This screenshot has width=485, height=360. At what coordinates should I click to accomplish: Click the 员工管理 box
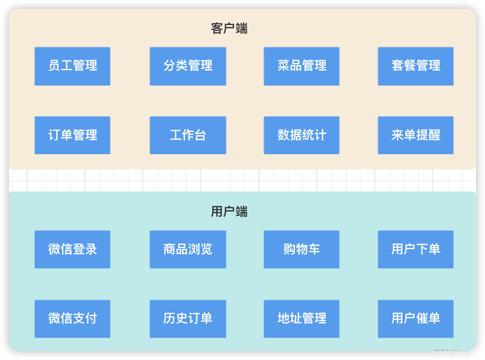(x=73, y=66)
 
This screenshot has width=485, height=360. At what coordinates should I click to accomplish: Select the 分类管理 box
(x=188, y=66)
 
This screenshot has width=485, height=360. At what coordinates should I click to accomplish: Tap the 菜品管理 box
(x=302, y=66)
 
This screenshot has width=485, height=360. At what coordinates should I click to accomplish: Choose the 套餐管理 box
(x=416, y=66)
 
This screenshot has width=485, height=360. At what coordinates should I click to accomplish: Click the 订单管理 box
(x=73, y=135)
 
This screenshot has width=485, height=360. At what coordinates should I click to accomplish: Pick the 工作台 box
(x=188, y=135)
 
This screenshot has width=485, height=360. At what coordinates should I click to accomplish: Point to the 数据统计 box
(x=302, y=135)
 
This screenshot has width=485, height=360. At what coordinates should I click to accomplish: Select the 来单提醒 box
(x=416, y=135)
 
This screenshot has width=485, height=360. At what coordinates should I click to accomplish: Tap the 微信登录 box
(x=73, y=249)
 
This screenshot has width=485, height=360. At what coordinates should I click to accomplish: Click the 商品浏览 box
(x=188, y=249)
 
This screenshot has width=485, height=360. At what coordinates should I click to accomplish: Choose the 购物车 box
(x=302, y=249)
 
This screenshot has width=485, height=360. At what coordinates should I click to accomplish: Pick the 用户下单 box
(x=416, y=249)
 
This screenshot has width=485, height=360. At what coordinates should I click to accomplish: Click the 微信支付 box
(x=73, y=318)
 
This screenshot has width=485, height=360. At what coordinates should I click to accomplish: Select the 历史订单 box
(x=188, y=318)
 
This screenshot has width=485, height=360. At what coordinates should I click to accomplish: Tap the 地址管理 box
(x=302, y=318)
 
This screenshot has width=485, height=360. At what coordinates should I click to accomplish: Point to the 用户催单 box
(x=416, y=318)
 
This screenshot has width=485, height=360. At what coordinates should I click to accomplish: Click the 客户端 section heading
(x=229, y=29)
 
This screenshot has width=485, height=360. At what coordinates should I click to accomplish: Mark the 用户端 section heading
(x=229, y=212)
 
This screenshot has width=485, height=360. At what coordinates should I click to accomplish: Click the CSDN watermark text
(x=454, y=351)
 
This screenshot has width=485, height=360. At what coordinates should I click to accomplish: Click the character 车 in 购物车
(x=314, y=249)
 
